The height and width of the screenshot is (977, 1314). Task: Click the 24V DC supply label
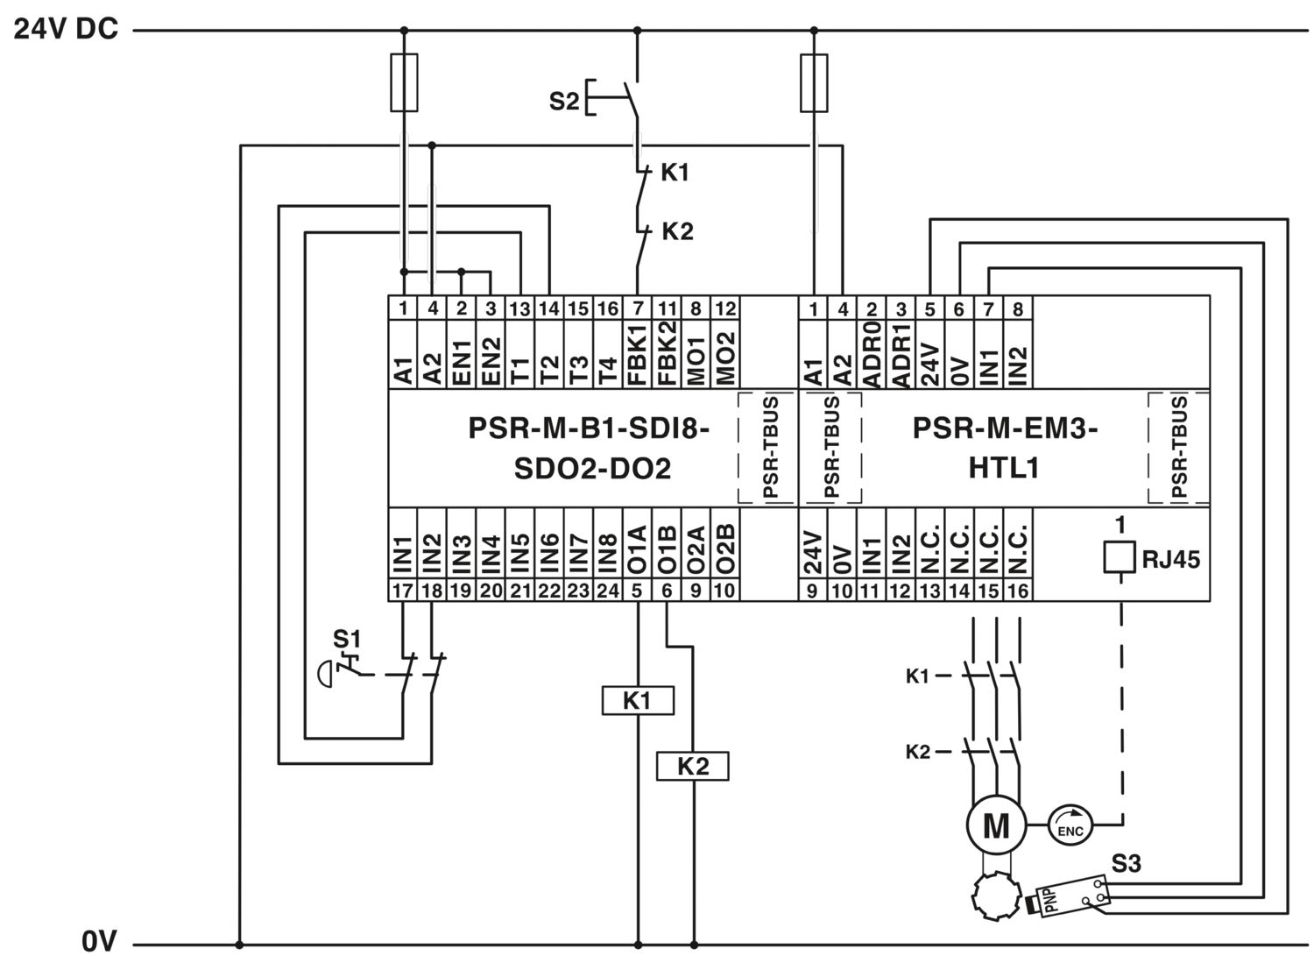66,29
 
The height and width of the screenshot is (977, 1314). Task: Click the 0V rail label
99,941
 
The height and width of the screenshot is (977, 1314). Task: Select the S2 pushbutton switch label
563,101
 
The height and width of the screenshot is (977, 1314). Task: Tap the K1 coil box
638,701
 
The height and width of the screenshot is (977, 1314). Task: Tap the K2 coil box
693,766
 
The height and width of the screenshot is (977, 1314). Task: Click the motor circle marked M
996,825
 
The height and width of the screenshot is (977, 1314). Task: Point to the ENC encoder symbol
1070,825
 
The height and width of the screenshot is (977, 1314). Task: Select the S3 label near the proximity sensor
1126,864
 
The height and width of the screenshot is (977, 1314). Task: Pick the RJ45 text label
1170,559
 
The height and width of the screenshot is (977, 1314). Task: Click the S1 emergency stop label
347,639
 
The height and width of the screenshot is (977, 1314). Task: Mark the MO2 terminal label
725,358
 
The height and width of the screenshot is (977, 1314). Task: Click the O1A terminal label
637,549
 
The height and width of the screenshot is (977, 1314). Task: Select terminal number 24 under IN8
608,591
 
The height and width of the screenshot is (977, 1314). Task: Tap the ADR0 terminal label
872,355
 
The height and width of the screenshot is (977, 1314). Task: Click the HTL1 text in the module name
1004,468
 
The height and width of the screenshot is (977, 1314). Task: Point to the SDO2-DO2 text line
592,468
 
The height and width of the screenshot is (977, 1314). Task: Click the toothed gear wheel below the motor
997,896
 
